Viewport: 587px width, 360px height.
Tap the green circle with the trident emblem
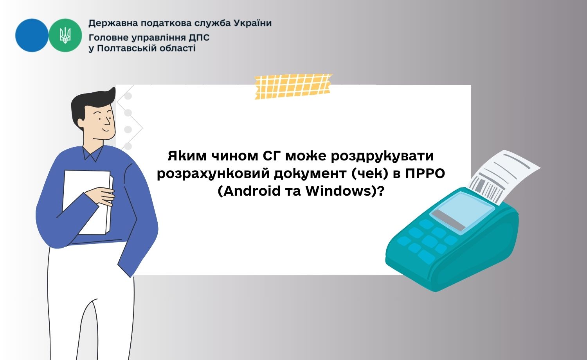(x=65, y=35)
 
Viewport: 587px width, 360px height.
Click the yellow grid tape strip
(x=293, y=86)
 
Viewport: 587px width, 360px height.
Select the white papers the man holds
(x=88, y=202)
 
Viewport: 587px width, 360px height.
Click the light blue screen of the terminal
(x=462, y=213)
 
